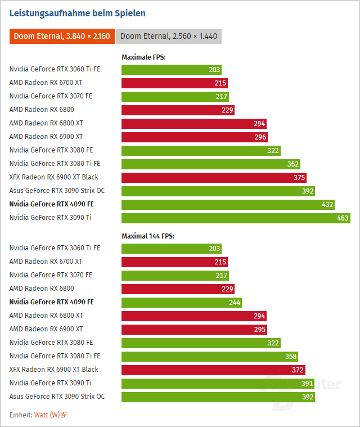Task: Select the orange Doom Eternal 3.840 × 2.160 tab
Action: tap(62, 36)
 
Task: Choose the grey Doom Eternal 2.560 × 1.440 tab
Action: tap(169, 36)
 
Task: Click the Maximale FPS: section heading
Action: tap(143, 57)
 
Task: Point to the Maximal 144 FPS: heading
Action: tap(148, 236)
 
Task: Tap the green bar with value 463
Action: tap(236, 218)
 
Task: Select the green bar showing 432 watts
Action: tap(228, 204)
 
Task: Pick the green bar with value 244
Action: tap(182, 302)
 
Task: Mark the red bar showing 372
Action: tap(213, 370)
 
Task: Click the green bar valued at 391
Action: tap(218, 383)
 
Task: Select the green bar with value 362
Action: tap(210, 164)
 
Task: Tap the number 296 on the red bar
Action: tap(260, 137)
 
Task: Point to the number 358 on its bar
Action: tap(290, 356)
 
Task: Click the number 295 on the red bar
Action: tap(259, 329)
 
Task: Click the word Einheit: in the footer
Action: tap(21, 415)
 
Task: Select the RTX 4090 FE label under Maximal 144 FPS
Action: tap(51, 302)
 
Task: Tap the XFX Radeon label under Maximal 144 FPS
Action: tap(53, 370)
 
